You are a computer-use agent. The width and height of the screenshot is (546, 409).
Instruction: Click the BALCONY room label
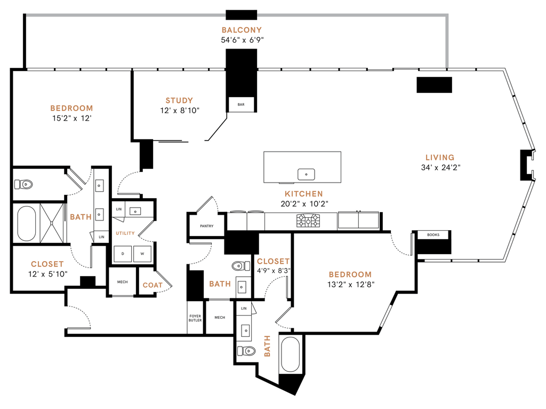[242, 30]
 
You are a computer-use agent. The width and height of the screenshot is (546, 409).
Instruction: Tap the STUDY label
[179, 100]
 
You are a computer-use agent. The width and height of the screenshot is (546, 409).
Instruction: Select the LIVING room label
[440, 158]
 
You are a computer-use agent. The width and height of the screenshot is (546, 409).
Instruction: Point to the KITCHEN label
[303, 194]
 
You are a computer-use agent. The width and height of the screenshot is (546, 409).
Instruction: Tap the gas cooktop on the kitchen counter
[309, 219]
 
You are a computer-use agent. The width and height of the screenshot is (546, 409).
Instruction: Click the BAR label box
[241, 105]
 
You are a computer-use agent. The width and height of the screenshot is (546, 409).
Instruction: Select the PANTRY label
[206, 226]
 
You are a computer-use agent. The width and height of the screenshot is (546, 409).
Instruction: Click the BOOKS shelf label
[433, 234]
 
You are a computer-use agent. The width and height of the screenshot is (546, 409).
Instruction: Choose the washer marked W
[142, 254]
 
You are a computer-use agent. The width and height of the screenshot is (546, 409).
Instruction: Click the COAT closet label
[152, 285]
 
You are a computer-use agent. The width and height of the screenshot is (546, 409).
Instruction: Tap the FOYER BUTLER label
[195, 319]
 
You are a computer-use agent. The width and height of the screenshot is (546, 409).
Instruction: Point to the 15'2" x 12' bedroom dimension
[71, 118]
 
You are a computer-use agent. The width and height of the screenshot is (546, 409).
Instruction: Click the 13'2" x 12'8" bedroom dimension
[350, 285]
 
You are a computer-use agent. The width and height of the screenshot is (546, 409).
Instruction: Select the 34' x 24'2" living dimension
[440, 167]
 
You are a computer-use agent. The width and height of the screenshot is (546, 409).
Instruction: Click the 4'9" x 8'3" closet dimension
[273, 271]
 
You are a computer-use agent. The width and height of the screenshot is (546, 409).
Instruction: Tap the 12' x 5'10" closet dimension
[47, 274]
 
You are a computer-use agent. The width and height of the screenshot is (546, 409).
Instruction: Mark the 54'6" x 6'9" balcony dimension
[242, 40]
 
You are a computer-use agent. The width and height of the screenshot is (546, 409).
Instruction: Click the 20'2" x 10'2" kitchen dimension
[303, 203]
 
